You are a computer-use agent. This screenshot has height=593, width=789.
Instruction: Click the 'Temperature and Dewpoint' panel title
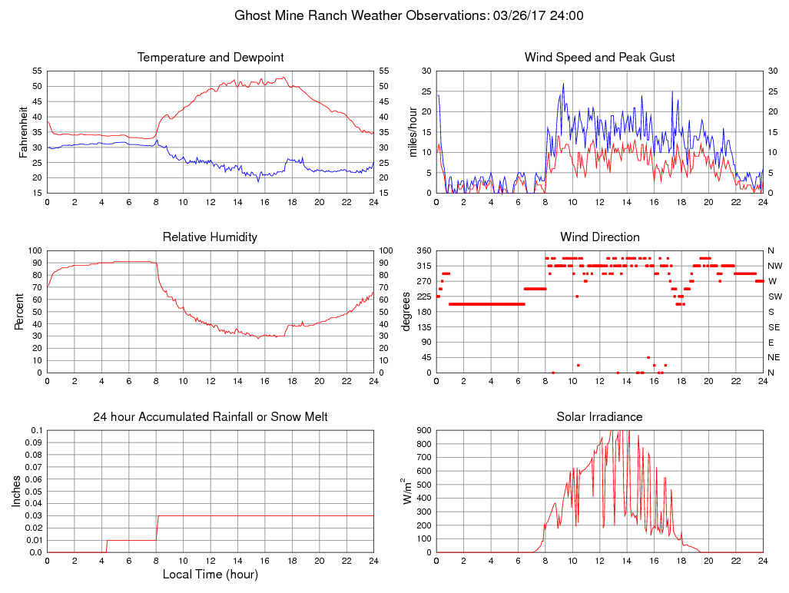point(210,58)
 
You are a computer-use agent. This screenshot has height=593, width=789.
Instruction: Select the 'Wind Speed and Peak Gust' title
point(599,58)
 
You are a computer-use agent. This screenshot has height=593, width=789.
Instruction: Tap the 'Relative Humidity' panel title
point(210,237)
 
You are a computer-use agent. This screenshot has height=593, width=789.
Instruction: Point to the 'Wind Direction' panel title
point(599,237)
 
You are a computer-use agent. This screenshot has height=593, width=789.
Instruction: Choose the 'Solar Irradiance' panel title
point(599,417)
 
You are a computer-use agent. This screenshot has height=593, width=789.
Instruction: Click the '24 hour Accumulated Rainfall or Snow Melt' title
point(210,417)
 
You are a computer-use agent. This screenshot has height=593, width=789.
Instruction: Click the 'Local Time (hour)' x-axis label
point(210,575)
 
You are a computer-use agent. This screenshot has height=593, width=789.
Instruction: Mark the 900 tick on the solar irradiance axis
point(423,430)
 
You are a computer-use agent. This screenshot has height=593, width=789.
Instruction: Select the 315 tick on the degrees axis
point(423,266)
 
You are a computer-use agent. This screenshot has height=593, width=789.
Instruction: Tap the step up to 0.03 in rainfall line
point(157,527)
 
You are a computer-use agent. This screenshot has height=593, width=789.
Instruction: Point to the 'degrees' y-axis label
point(406,311)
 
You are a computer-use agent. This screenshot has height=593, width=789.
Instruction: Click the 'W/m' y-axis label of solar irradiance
point(408,491)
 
